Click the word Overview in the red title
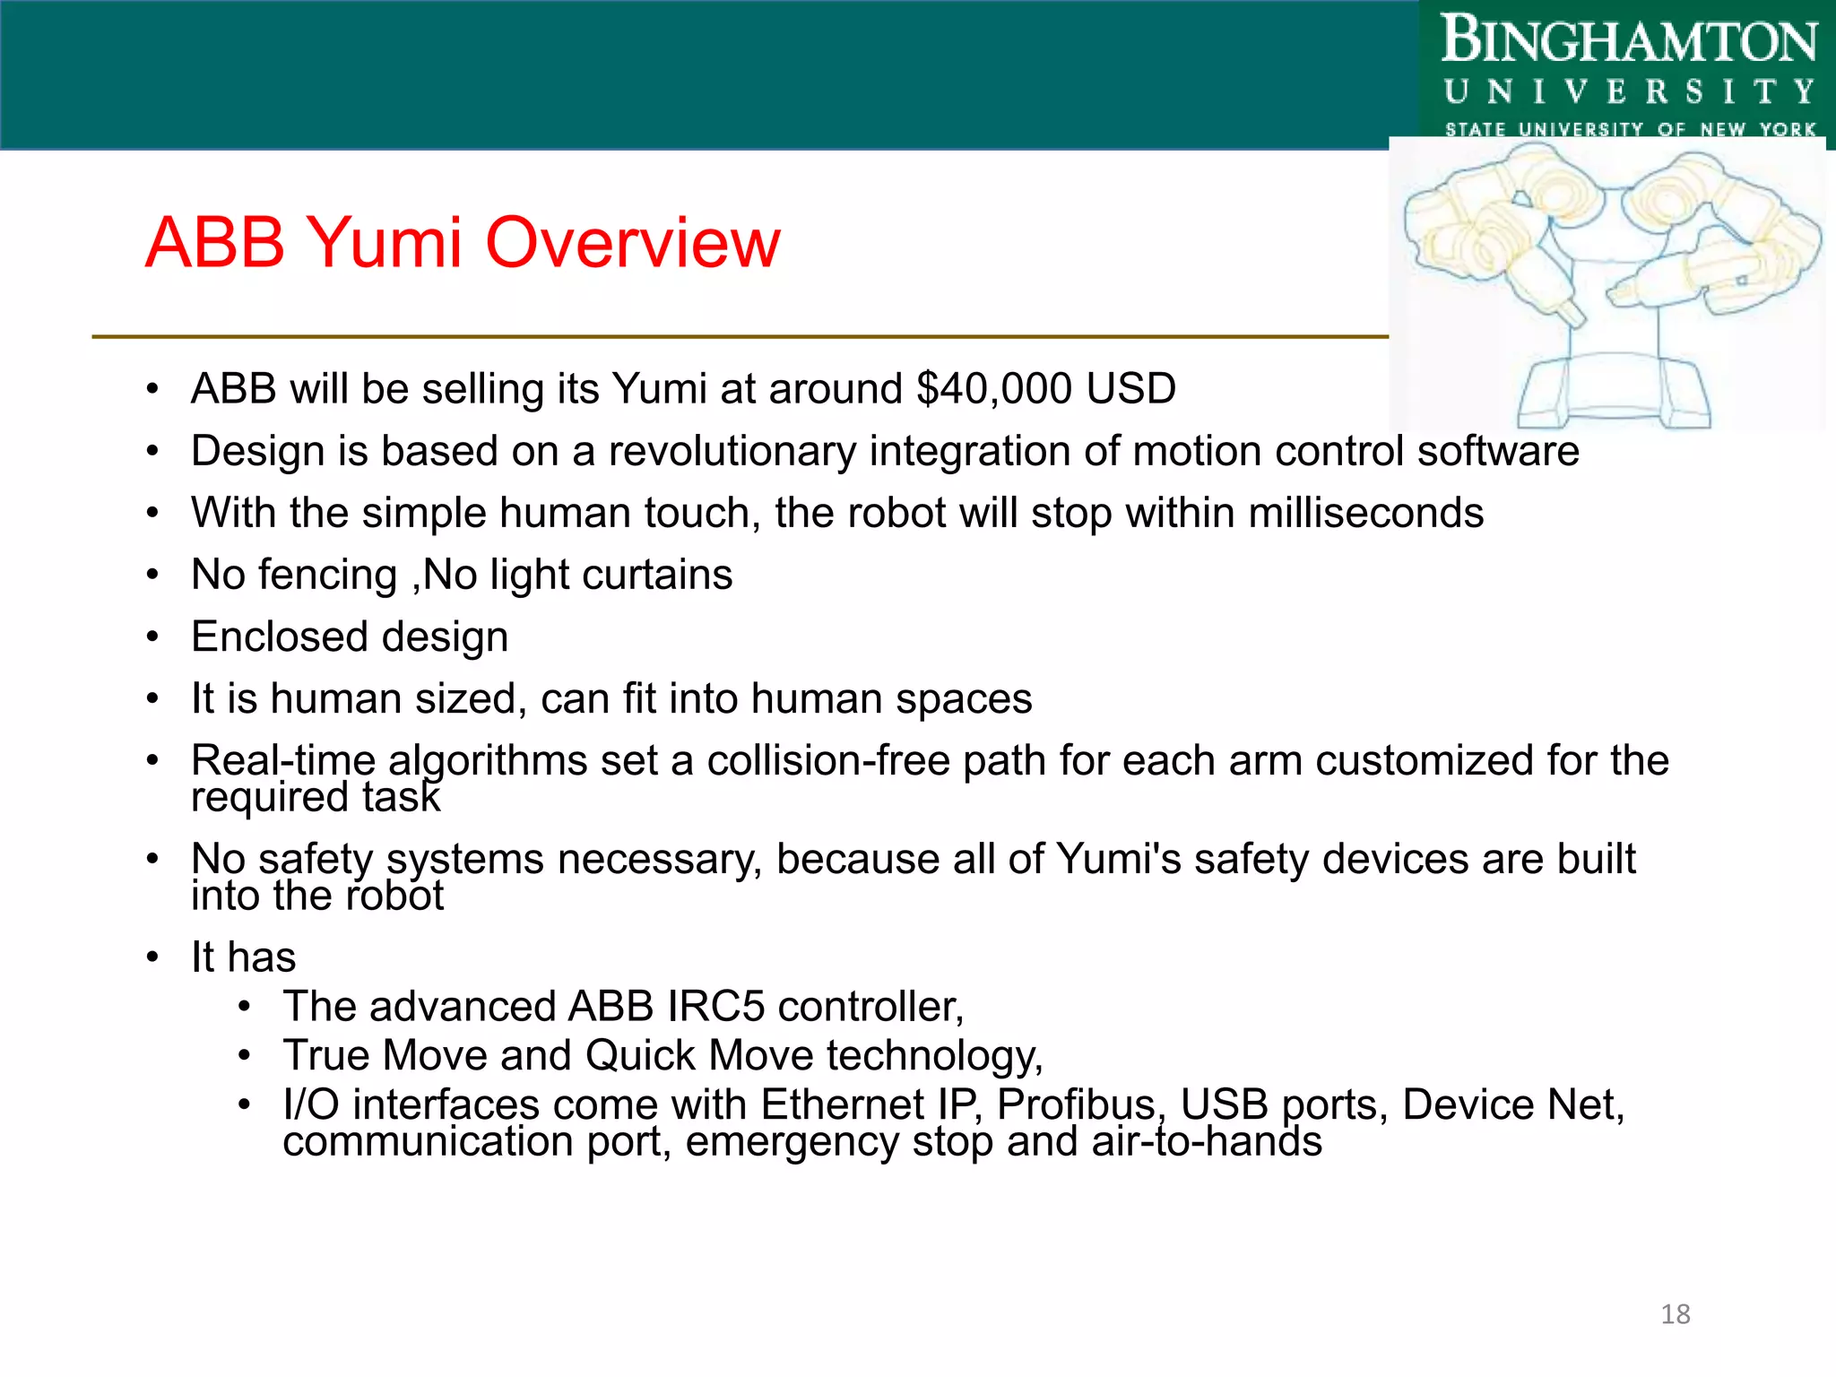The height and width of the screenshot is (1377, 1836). tap(632, 243)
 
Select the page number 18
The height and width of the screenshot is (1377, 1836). tap(1675, 1314)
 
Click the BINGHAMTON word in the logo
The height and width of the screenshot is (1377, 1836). tap(1628, 41)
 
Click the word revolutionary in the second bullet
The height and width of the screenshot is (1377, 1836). tap(732, 451)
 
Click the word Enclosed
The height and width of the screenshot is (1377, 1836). tap(280, 637)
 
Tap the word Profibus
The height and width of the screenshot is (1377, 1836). tap(1076, 1104)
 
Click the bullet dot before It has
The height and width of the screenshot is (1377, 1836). tap(153, 957)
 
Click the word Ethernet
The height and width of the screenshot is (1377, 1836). tap(842, 1104)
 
